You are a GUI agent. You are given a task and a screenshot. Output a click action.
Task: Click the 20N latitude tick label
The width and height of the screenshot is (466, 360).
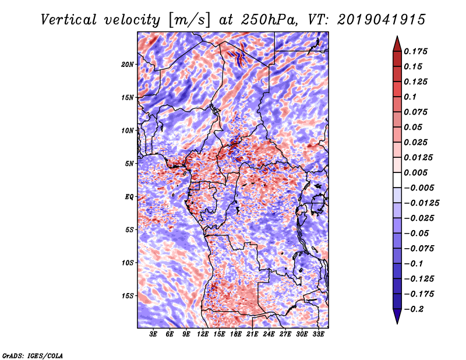coord(128,64)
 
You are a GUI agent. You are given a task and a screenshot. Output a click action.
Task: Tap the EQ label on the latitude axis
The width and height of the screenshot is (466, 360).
coord(129,197)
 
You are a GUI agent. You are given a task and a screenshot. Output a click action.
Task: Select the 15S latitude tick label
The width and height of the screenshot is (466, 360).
coord(128,296)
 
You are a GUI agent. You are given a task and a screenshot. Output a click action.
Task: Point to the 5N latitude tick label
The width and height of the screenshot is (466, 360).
coord(129,164)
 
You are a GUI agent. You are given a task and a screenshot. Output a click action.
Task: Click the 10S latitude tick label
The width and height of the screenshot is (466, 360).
coord(128,263)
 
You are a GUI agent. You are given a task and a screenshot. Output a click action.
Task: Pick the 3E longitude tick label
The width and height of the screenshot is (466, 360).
coord(154,334)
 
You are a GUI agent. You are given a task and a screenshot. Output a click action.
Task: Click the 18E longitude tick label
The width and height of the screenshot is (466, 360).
coord(235,334)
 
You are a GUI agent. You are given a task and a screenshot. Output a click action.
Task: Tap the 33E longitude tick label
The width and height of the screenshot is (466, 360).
coord(318,334)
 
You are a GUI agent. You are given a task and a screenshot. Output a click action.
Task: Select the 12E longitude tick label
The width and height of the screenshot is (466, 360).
coord(203,334)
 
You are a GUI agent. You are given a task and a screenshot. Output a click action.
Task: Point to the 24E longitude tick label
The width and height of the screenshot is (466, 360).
coord(269,334)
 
